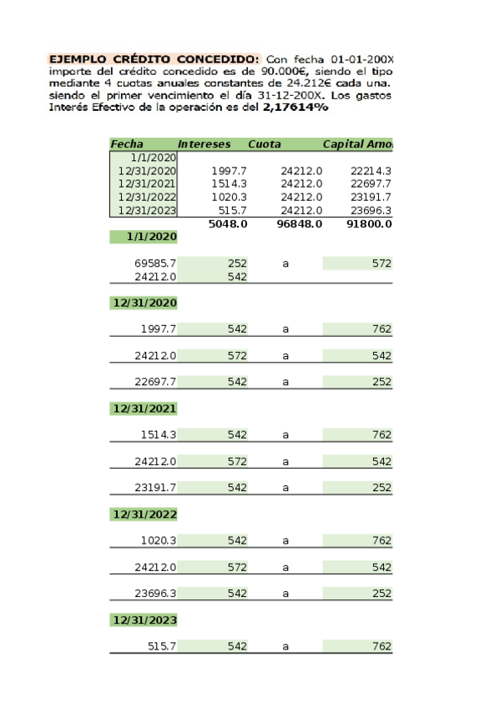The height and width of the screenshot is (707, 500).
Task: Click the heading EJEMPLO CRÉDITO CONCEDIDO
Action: tap(154, 60)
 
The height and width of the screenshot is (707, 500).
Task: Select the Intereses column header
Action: tap(204, 144)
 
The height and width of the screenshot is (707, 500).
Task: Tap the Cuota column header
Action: tap(265, 144)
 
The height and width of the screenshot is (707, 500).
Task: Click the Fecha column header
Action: tap(127, 144)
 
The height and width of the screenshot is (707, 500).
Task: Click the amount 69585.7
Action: tap(155, 263)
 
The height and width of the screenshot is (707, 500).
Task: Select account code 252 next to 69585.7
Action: tap(237, 263)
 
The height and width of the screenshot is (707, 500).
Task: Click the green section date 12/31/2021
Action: tap(144, 409)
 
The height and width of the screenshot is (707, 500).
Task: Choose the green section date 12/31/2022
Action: tap(144, 514)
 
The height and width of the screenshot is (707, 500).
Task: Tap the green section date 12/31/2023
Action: tap(144, 620)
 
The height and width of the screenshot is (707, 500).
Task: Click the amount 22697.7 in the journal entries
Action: tap(155, 382)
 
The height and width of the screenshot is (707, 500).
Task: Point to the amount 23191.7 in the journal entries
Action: tap(155, 488)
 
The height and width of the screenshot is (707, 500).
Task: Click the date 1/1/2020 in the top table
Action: tap(153, 158)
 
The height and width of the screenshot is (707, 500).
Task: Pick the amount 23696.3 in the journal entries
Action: tap(155, 594)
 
